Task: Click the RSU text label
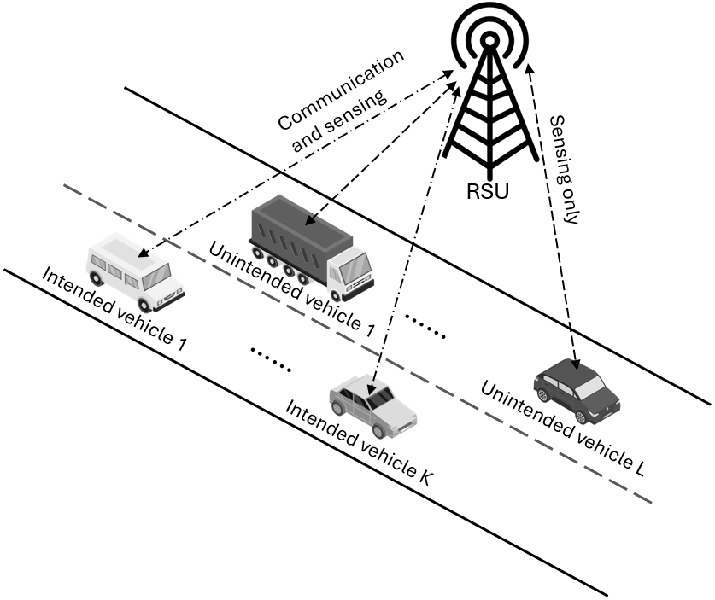click(x=489, y=191)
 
